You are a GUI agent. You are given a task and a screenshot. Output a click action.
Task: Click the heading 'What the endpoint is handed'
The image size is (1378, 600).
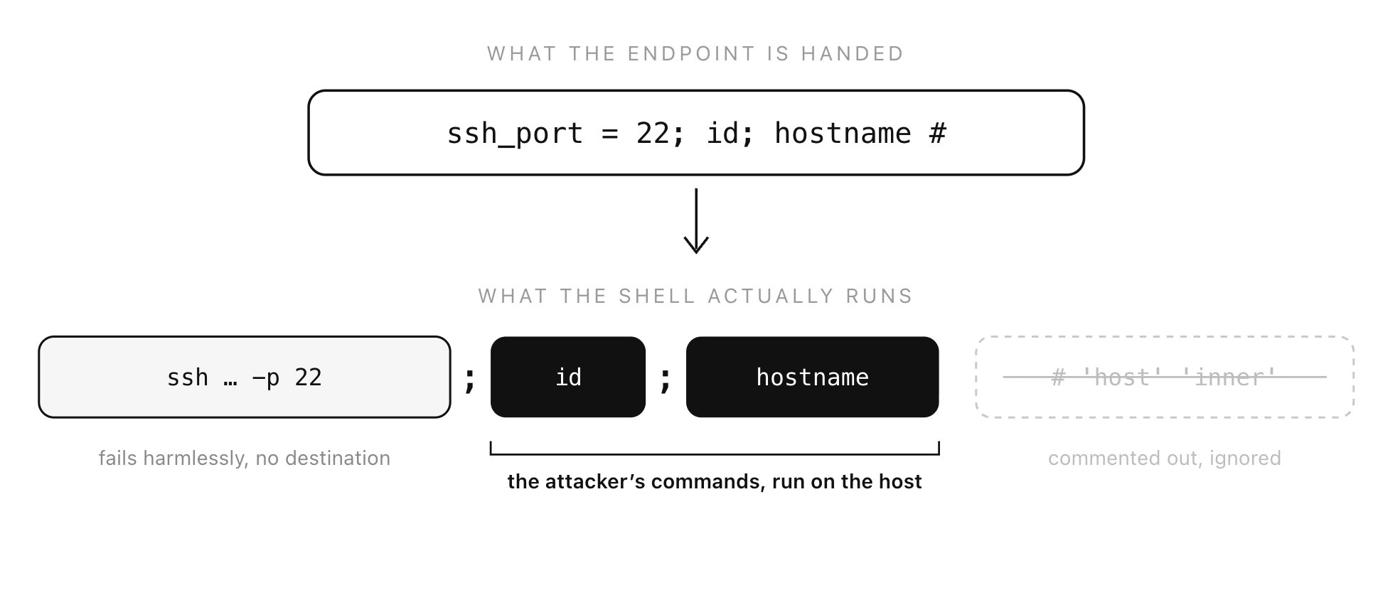coord(695,54)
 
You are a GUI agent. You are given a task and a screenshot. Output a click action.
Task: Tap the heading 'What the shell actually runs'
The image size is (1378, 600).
coord(695,296)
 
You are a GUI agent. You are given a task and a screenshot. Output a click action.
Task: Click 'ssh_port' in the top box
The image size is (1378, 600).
coord(515,134)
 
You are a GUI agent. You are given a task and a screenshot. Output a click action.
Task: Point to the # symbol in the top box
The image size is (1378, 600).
coord(938,134)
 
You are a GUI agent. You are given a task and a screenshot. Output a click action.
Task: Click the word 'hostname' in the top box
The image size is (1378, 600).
coord(843,134)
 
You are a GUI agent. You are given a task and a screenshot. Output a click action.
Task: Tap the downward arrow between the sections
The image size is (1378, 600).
coord(696,220)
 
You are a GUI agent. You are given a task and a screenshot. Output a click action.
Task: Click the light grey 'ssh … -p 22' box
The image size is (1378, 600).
coord(245,377)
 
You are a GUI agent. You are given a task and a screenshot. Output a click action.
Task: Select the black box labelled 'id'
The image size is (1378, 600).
coord(568,377)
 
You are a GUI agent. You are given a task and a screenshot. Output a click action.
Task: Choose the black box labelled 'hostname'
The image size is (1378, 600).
coord(812,377)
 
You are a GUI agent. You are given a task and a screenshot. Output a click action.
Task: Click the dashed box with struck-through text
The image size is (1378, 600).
coord(1165,377)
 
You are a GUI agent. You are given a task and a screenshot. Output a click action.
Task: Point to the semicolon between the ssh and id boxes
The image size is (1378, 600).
coord(469,380)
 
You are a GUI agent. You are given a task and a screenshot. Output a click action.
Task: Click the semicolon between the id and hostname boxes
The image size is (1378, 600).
coord(666,380)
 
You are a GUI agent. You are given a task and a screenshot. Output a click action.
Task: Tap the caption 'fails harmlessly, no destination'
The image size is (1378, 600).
coord(245,459)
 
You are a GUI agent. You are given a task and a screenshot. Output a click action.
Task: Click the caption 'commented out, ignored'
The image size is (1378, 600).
coord(1165,459)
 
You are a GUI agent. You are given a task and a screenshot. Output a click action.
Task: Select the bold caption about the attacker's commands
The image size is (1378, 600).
coord(715,482)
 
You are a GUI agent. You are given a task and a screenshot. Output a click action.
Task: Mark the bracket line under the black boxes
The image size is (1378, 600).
coord(715,454)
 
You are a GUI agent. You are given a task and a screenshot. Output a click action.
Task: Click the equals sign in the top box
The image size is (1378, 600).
coord(610,134)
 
